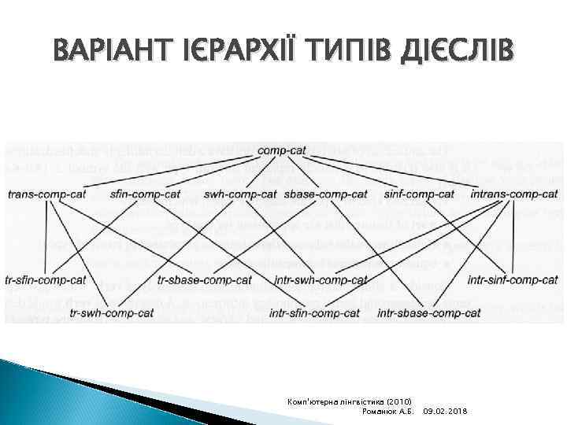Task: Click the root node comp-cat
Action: pyautogui.click(x=282, y=150)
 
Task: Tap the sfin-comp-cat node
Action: pyautogui.click(x=145, y=194)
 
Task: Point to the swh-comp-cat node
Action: pyautogui.click(x=240, y=194)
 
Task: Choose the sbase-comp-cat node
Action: pyautogui.click(x=325, y=194)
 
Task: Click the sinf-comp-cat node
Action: pyautogui.click(x=420, y=194)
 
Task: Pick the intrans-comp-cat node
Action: pyautogui.click(x=513, y=194)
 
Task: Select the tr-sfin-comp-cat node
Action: pyautogui.click(x=45, y=280)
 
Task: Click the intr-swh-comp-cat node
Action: pyautogui.click(x=321, y=280)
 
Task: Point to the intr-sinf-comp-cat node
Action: pyautogui.click(x=513, y=280)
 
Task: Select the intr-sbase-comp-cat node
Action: pyautogui.click(x=428, y=313)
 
